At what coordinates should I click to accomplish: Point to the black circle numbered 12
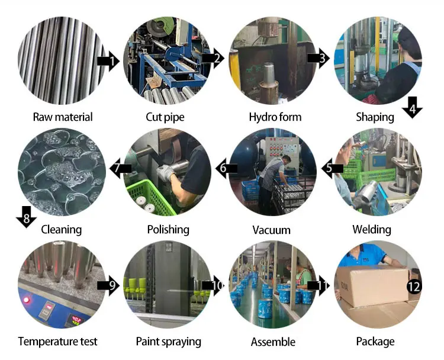pyautogui.click(x=414, y=287)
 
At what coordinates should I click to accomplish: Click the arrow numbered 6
pyautogui.click(x=226, y=169)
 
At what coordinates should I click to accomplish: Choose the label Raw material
pyautogui.click(x=63, y=117)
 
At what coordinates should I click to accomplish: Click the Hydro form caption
pyautogui.click(x=275, y=117)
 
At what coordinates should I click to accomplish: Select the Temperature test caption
pyautogui.click(x=57, y=342)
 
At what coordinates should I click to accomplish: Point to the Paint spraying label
pyautogui.click(x=169, y=342)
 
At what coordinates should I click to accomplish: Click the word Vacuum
pyautogui.click(x=271, y=229)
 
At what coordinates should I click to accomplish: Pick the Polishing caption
pyautogui.click(x=168, y=229)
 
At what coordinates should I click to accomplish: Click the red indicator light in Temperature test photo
pyautogui.click(x=27, y=300)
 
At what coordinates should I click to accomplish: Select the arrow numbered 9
pyautogui.click(x=109, y=285)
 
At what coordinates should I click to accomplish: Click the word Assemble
pyautogui.click(x=273, y=342)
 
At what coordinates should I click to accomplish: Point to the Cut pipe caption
pyautogui.click(x=165, y=117)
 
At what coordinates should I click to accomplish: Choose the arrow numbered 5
pyautogui.click(x=333, y=168)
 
